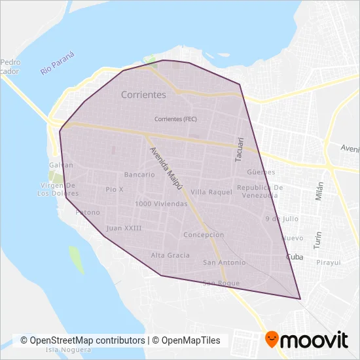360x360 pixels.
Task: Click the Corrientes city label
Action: [x=143, y=95]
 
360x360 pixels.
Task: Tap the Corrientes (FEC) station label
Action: [x=175, y=119]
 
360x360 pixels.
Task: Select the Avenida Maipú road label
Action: [x=166, y=168]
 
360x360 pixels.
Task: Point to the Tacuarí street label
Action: [x=240, y=149]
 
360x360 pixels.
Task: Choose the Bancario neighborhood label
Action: [x=139, y=175]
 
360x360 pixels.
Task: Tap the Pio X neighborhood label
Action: [x=114, y=189]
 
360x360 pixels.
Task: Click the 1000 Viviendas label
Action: [x=160, y=204]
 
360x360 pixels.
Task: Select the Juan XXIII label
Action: [x=124, y=228]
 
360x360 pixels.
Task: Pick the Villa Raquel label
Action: [x=211, y=192]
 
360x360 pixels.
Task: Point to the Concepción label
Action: [x=204, y=235]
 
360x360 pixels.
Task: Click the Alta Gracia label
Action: [x=170, y=255]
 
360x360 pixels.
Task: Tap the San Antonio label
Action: [x=224, y=262]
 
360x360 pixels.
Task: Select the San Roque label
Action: [x=221, y=283]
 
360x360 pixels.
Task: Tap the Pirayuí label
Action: [x=328, y=262]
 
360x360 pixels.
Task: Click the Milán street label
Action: [x=320, y=193]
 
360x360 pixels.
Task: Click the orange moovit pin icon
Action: [x=272, y=339]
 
